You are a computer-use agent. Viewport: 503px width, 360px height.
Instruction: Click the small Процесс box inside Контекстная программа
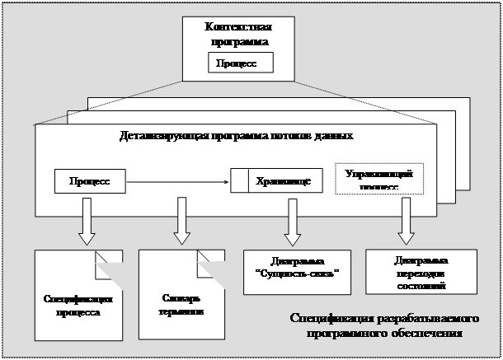[237, 63]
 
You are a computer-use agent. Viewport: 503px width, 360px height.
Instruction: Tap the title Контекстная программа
[237, 34]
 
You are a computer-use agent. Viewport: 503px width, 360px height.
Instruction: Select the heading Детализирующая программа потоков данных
[237, 135]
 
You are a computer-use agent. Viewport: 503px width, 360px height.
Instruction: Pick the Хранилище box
[270, 180]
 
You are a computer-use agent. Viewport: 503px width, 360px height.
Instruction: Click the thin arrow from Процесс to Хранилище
[178, 180]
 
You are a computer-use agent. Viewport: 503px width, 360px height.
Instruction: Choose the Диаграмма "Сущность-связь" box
[292, 265]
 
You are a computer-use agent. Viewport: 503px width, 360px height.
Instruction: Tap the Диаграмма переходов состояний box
[417, 271]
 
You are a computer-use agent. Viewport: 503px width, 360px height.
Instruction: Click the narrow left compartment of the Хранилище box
[239, 180]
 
